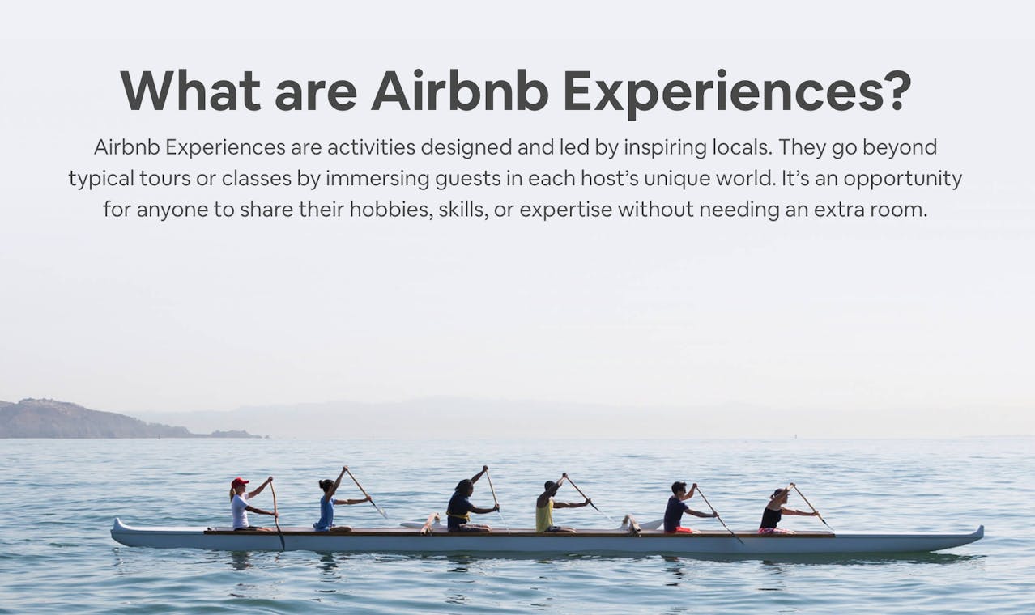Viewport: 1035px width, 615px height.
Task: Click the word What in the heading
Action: pos(190,91)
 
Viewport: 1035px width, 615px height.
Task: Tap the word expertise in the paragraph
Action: pos(565,210)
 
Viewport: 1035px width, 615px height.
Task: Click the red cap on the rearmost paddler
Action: pos(240,482)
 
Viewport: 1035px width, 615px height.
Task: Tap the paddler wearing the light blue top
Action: pos(326,508)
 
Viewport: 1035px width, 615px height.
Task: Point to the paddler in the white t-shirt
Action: pos(241,508)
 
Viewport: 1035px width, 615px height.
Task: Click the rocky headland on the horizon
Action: pos(73,419)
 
